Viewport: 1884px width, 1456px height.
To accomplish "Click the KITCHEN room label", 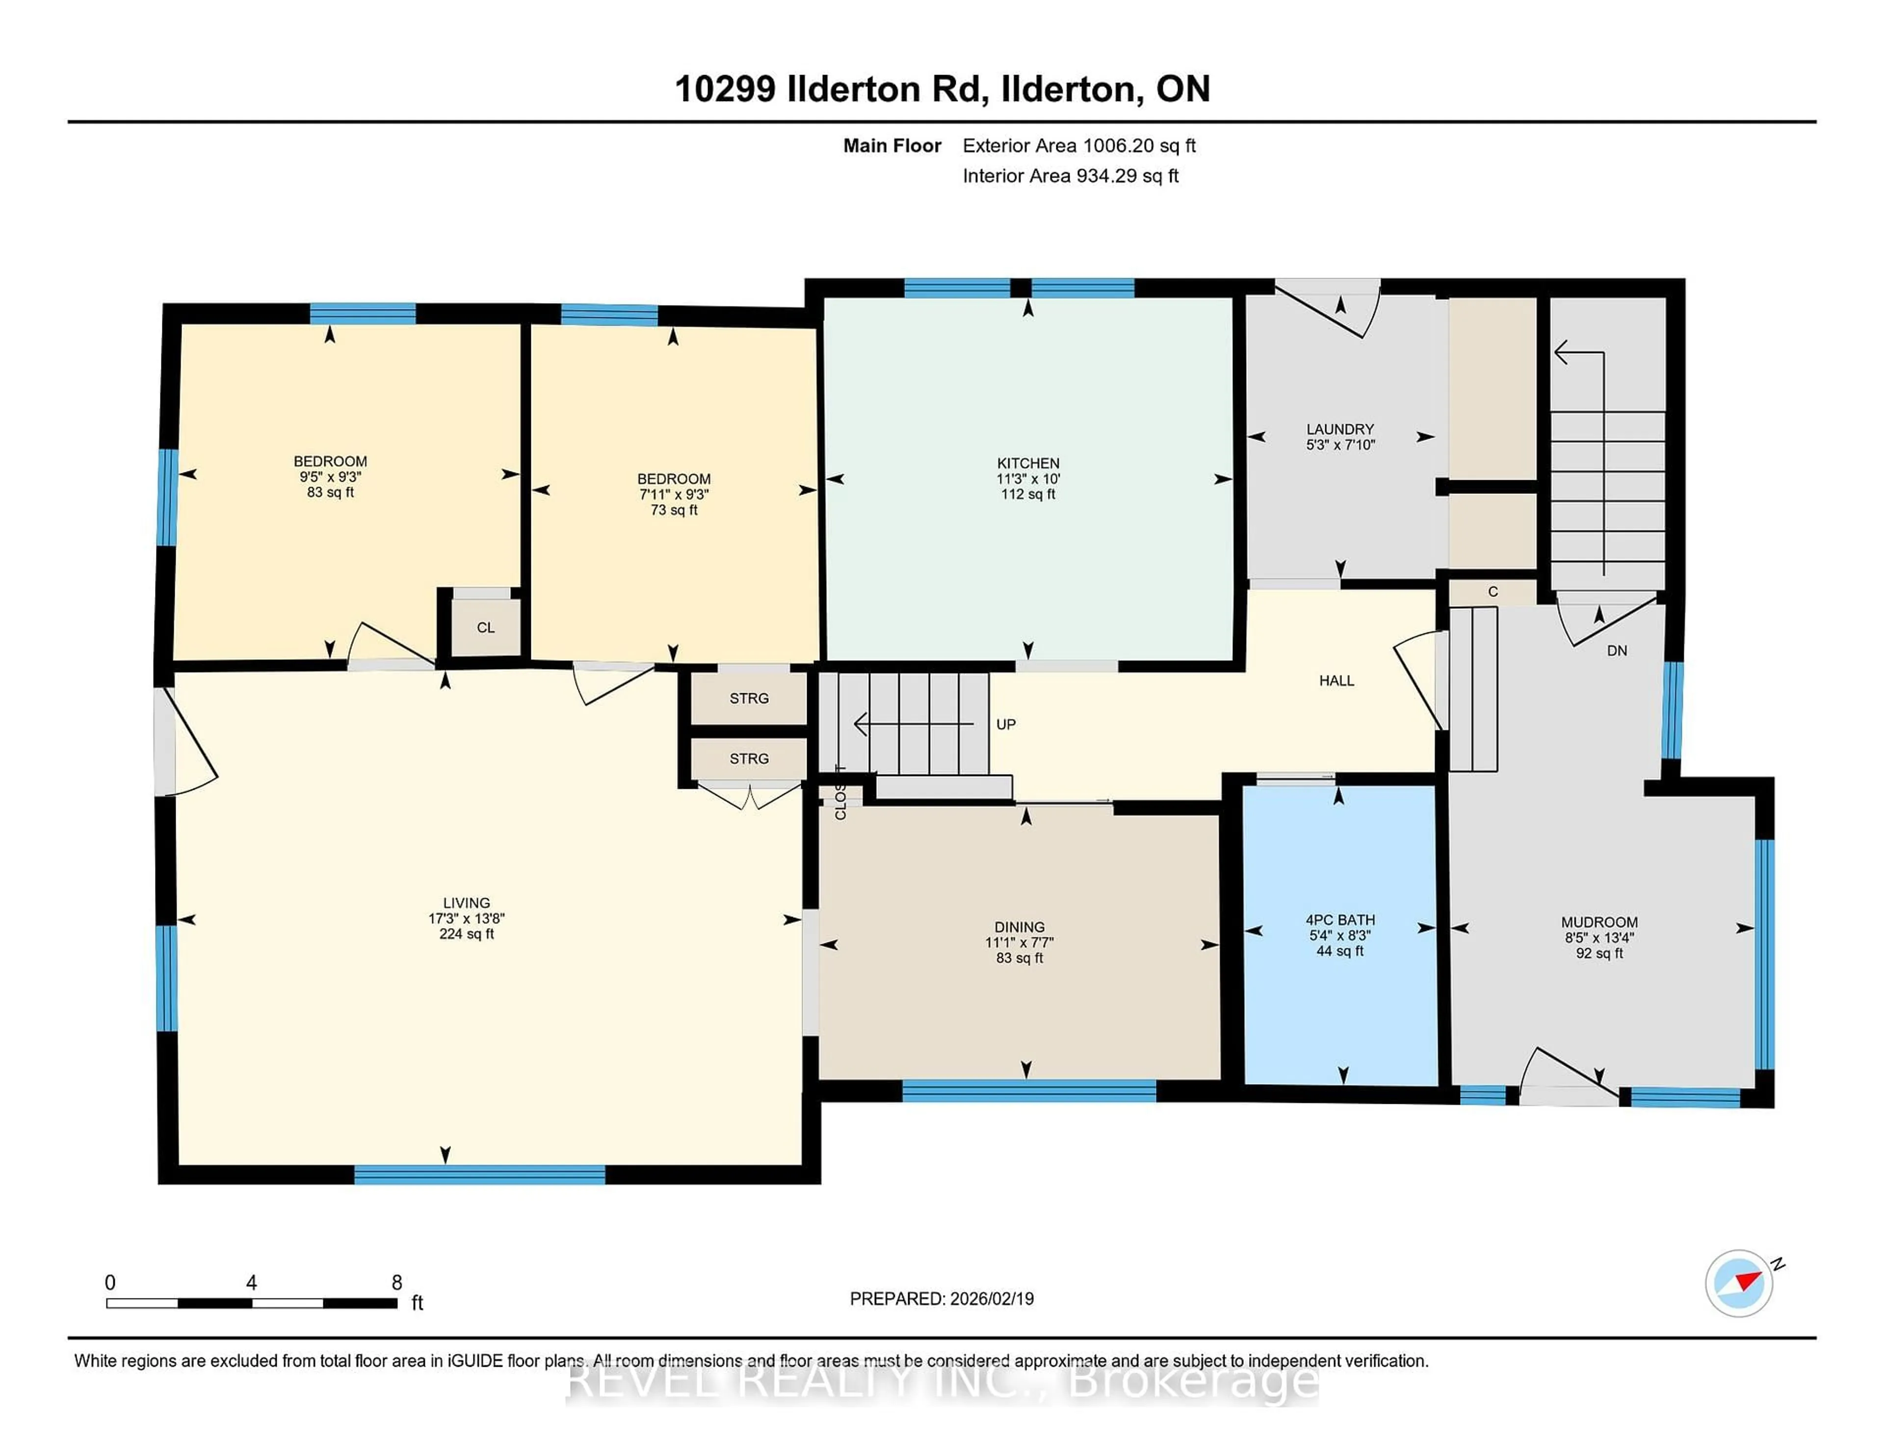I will [x=1027, y=463].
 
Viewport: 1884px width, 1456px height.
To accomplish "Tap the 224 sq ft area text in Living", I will [x=466, y=934].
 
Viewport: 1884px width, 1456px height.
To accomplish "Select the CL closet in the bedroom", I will [x=486, y=627].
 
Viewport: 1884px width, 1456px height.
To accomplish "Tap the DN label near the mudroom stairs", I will [x=1617, y=650].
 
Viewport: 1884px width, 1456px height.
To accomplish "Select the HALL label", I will [x=1336, y=680].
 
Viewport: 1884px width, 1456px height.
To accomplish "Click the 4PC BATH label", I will [x=1340, y=919].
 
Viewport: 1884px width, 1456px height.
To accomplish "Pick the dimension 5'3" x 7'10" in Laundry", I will [x=1340, y=445].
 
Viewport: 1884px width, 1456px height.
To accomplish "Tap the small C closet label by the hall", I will [x=1492, y=592].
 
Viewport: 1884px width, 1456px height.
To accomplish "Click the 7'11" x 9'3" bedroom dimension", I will [x=674, y=494].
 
